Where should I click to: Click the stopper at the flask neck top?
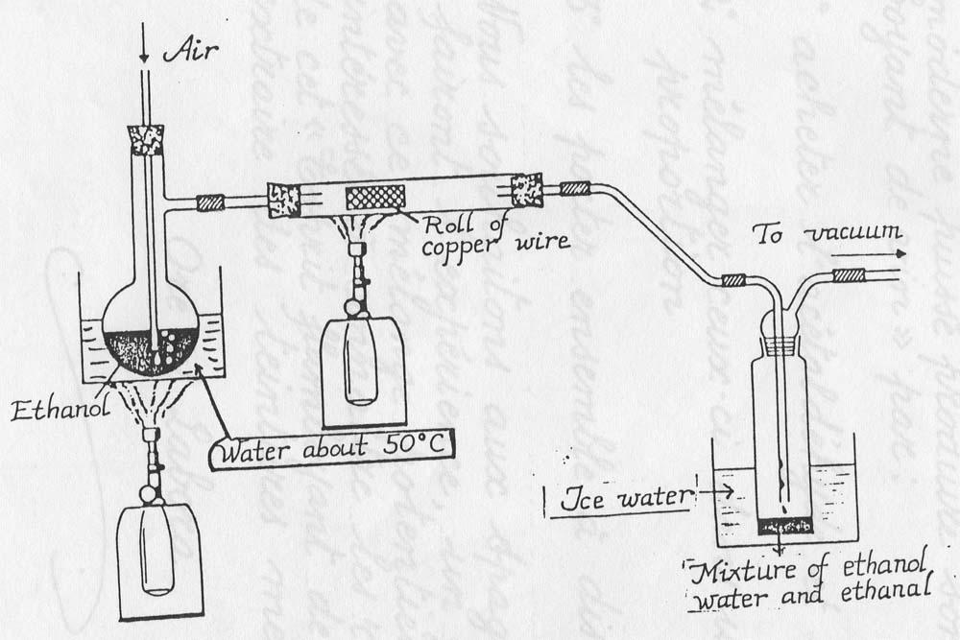(147, 140)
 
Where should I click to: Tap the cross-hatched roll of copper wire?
(373, 196)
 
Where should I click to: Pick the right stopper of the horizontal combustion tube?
(527, 189)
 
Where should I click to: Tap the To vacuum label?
(827, 233)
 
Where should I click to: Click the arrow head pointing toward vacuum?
(900, 254)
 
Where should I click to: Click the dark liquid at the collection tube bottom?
(785, 525)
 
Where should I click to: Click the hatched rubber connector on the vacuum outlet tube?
(849, 275)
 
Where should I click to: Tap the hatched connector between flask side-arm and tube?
(210, 202)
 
